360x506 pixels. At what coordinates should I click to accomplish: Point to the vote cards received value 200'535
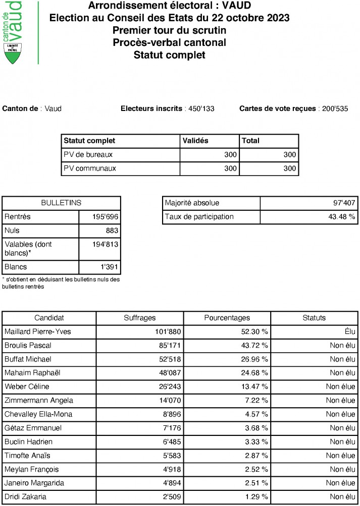pos(333,108)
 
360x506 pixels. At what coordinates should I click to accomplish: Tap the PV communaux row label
pos(89,168)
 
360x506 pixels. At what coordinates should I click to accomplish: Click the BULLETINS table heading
pos(61,203)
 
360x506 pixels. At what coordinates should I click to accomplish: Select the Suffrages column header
pos(140,318)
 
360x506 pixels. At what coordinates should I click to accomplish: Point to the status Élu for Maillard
pos(348,332)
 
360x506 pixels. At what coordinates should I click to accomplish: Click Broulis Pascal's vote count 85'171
pos(167,346)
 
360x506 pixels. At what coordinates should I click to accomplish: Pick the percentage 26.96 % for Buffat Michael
pos(254,359)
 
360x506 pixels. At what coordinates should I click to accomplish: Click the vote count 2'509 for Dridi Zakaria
pos(169,496)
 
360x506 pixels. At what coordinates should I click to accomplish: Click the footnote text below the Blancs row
pos(61,283)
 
